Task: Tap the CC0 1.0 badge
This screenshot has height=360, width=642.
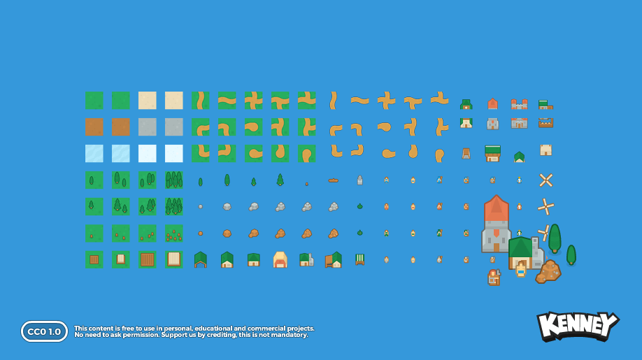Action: point(44,331)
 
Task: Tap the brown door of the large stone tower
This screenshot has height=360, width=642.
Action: point(497,247)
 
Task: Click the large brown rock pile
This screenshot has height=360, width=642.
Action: point(548,271)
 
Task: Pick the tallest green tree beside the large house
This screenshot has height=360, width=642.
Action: point(555,238)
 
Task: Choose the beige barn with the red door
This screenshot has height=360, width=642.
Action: point(280,260)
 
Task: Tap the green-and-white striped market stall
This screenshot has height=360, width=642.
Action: point(360,259)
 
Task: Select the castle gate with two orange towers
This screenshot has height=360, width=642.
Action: point(519,104)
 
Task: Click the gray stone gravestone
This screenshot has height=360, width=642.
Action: point(360,180)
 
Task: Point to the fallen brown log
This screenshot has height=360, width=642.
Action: point(334,180)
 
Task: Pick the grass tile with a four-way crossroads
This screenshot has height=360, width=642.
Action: point(253,101)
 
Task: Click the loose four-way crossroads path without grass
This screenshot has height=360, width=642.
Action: point(386,101)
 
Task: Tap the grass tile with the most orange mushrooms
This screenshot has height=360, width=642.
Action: point(173,233)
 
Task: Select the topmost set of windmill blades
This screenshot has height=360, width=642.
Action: point(546,180)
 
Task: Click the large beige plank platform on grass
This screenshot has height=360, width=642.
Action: point(173,259)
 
